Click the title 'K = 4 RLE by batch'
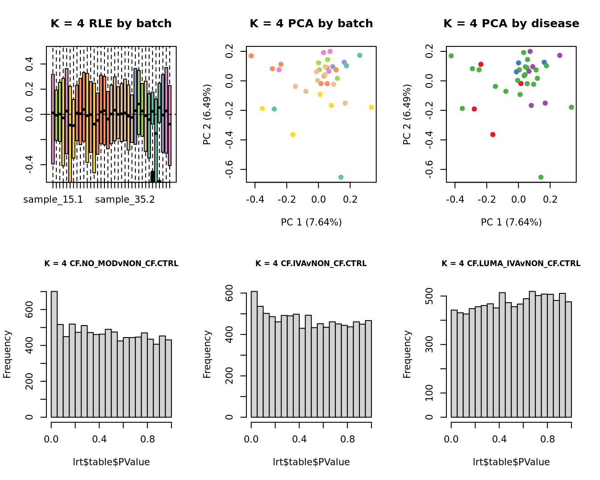coord(111,24)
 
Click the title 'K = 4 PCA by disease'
coord(511,24)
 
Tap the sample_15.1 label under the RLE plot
coord(53,200)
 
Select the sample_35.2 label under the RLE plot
coord(125,200)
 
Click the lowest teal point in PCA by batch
coord(341,177)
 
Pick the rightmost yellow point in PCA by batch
coord(371,107)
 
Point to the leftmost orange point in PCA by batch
coord(251,56)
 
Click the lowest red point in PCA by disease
coord(493,134)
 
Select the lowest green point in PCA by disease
coord(541,177)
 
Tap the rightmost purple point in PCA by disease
coord(560,55)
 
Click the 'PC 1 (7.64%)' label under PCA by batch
coord(311,222)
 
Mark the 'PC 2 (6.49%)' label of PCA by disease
coord(407,114)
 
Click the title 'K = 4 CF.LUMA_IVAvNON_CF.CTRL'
coord(511,264)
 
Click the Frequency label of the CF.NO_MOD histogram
coord(7,354)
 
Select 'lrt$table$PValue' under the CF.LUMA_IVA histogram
coord(511,462)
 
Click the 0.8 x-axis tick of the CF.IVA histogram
coord(347,439)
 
